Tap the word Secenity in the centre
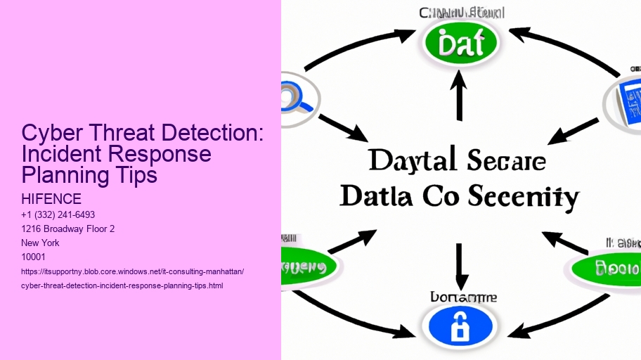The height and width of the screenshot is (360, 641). pos(522,196)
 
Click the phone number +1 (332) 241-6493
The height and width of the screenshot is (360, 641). pos(58,214)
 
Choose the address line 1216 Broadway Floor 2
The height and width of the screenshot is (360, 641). pos(67,229)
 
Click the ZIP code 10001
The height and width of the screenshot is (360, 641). pos(34,257)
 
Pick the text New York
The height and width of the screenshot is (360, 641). pos(41,243)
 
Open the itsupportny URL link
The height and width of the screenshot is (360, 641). pos(133,271)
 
